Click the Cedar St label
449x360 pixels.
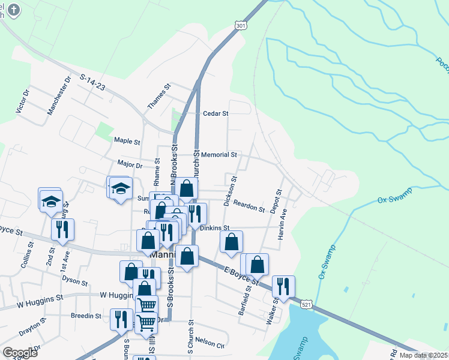pyautogui.click(x=216, y=113)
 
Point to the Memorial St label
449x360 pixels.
pyautogui.click(x=219, y=155)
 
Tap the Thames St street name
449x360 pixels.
pyautogui.click(x=160, y=96)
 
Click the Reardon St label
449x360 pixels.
pyautogui.click(x=249, y=206)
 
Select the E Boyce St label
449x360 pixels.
pyautogui.click(x=241, y=274)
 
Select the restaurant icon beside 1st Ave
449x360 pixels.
pyautogui.click(x=62, y=229)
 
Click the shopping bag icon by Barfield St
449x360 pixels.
pyautogui.click(x=258, y=263)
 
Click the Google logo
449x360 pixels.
pyautogui.click(x=19, y=353)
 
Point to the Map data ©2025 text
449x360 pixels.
pyautogui.click(x=415, y=355)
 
